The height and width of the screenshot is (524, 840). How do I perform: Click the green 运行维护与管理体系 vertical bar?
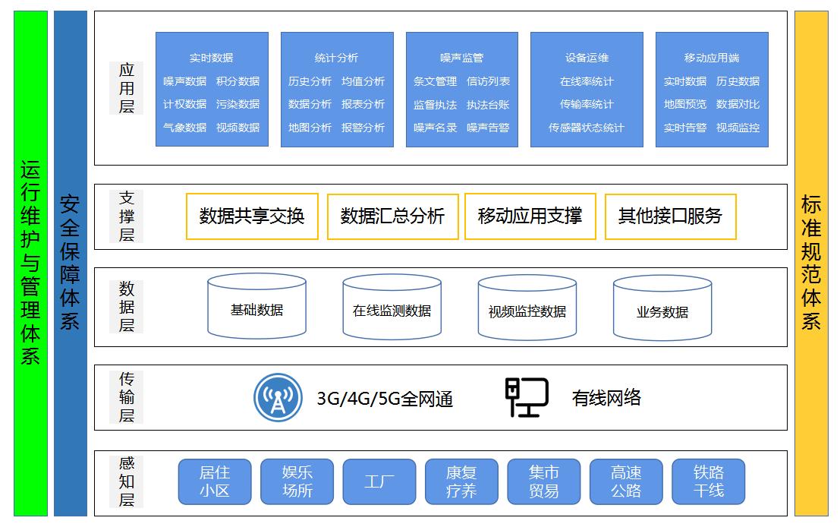(x=30, y=263)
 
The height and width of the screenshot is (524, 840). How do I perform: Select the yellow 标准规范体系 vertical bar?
(x=810, y=263)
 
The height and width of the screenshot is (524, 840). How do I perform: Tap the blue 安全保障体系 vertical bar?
(x=71, y=263)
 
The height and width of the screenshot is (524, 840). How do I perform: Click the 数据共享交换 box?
(x=252, y=216)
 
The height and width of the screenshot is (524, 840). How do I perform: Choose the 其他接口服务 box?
(x=670, y=216)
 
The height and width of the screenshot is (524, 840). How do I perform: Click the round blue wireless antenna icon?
(x=278, y=397)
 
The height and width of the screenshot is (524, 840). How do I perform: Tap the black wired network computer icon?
(x=527, y=397)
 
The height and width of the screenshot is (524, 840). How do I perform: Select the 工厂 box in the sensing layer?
(x=379, y=481)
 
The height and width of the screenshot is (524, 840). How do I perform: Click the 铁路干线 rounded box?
(x=708, y=481)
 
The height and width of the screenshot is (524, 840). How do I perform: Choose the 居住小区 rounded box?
(x=214, y=481)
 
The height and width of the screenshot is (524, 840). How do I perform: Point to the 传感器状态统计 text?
(x=587, y=128)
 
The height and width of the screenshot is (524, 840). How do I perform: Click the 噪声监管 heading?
(x=461, y=58)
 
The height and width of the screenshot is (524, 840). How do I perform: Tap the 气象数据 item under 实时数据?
(x=184, y=128)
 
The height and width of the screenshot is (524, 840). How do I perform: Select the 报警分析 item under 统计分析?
(x=363, y=128)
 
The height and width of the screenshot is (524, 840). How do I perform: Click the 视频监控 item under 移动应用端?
(x=738, y=128)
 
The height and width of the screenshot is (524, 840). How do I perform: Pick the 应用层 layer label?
(x=126, y=88)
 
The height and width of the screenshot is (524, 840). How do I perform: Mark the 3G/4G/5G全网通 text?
(x=385, y=398)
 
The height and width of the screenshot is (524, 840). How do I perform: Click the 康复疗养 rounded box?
(x=461, y=481)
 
